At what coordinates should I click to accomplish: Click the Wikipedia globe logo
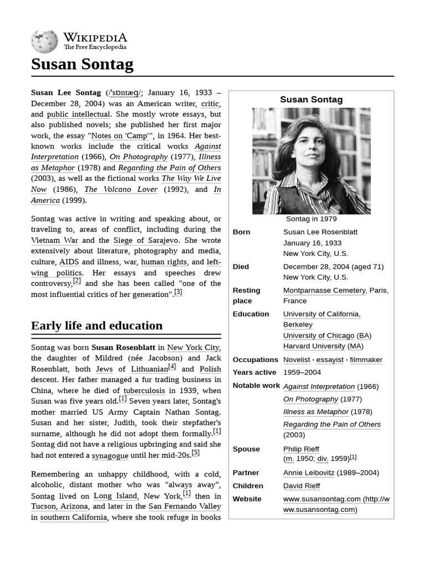click(x=44, y=40)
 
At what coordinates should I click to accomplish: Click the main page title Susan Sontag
click(x=82, y=65)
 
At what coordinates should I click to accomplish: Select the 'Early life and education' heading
click(x=97, y=326)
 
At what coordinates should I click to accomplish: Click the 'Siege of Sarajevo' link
click(x=146, y=240)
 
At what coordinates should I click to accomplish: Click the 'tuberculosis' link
click(x=147, y=390)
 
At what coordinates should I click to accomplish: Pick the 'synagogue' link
click(x=110, y=455)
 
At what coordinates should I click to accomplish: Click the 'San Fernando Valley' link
click(x=184, y=506)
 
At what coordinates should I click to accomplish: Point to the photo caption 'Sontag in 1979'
click(x=311, y=219)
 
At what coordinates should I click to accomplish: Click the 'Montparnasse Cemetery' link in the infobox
click(x=324, y=290)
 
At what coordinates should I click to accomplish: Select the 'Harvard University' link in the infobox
click(x=314, y=346)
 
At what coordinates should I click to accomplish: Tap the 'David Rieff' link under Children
click(x=302, y=486)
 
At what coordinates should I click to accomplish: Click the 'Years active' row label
click(x=254, y=373)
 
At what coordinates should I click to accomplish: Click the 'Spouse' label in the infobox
click(x=246, y=449)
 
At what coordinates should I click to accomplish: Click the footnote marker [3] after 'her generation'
click(x=178, y=293)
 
